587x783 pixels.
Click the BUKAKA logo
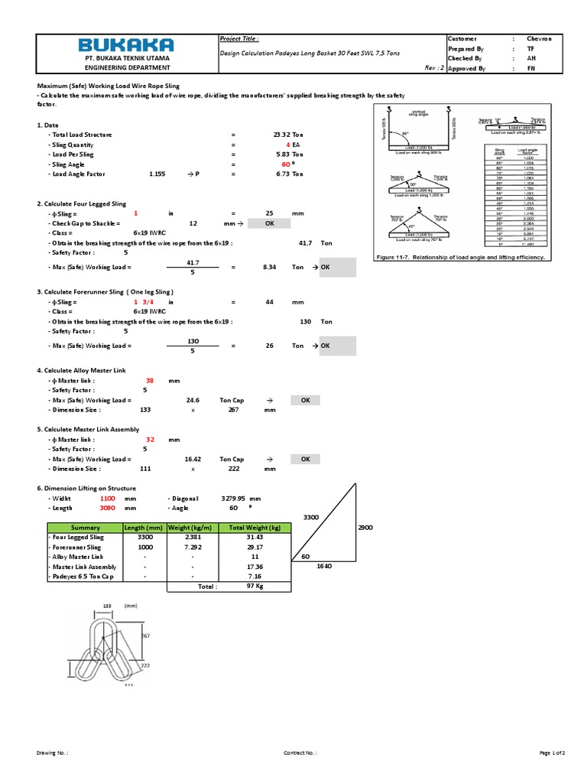point(128,44)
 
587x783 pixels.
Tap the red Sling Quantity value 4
point(287,145)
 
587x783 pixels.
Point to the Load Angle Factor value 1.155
point(157,174)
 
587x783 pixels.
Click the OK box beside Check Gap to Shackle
point(269,224)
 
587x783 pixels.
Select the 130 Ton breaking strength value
point(305,322)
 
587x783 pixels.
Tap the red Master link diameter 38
point(150,380)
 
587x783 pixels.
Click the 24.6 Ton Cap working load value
point(193,400)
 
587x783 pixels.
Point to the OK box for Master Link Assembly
point(305,459)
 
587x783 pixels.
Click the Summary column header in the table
point(85,528)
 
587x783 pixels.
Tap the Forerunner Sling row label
point(75,547)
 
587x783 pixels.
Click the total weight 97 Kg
point(255,586)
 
